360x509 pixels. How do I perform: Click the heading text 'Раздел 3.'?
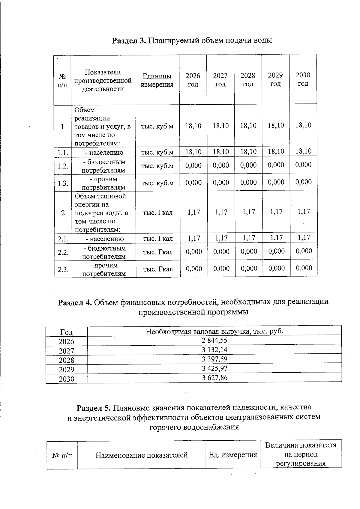[129, 40]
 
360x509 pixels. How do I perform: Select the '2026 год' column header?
[193, 80]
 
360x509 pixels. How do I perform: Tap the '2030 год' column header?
[303, 79]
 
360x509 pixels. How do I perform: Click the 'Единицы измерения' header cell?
[157, 80]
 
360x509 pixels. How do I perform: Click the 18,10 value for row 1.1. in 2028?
[248, 152]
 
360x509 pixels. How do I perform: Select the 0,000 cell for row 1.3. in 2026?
[193, 183]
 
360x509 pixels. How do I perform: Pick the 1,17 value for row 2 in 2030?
[304, 212]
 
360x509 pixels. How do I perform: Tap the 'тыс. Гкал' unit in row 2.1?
[158, 239]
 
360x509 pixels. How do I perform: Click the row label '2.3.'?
[63, 269]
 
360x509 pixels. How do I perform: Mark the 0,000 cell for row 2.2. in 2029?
[277, 251]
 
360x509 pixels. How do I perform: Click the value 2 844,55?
[214, 340]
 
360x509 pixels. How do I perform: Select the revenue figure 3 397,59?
[214, 359]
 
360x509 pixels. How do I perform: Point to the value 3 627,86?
[214, 378]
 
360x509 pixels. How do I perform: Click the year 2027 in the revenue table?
[66, 351]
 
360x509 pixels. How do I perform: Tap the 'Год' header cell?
[66, 332]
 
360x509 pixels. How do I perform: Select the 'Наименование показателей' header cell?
[141, 455]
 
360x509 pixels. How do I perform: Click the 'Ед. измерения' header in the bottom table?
[233, 455]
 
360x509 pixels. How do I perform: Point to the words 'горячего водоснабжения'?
[194, 427]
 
